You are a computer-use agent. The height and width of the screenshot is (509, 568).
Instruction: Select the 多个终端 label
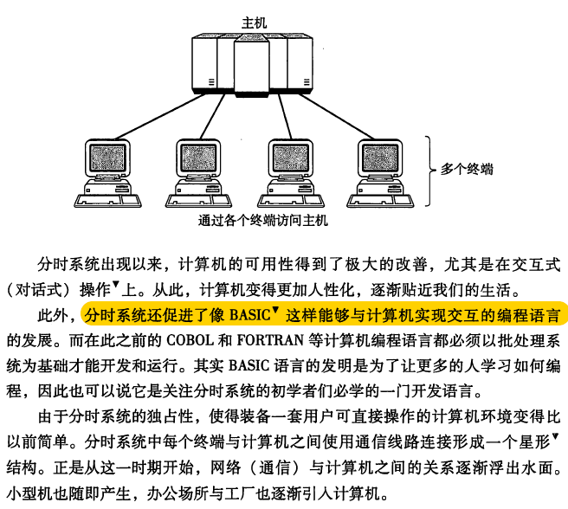coord(467,169)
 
